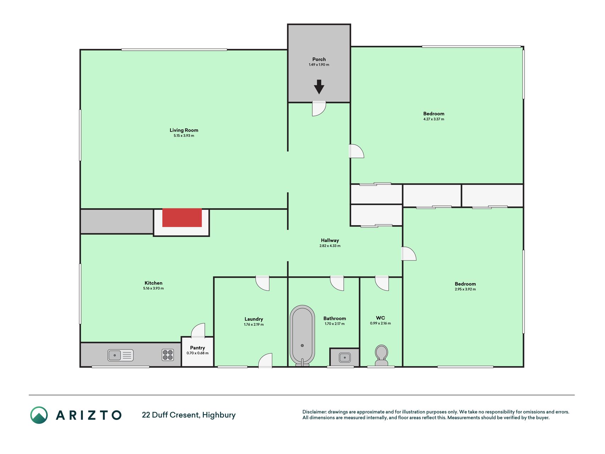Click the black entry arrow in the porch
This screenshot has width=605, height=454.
319,87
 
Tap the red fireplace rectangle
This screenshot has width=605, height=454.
182,217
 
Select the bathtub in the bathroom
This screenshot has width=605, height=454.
302,335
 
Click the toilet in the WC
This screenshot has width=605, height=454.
381,355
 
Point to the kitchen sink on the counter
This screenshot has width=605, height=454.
121,355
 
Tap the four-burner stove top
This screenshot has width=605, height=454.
168,355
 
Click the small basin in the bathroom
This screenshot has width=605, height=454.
344,357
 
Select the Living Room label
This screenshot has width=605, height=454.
184,130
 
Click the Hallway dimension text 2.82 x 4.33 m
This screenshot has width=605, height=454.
330,246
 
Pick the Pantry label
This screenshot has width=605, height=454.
197,348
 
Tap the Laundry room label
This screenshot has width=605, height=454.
254,319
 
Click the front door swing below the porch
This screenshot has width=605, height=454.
319,109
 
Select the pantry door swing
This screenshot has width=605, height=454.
198,331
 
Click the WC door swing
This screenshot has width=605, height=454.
382,283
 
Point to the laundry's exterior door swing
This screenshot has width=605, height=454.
265,360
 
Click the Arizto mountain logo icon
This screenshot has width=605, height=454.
39,415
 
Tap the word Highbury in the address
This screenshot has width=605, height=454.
219,415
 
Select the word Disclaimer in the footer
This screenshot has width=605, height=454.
314,412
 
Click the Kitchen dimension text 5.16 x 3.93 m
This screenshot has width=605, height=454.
153,288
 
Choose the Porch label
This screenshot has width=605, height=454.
319,59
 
